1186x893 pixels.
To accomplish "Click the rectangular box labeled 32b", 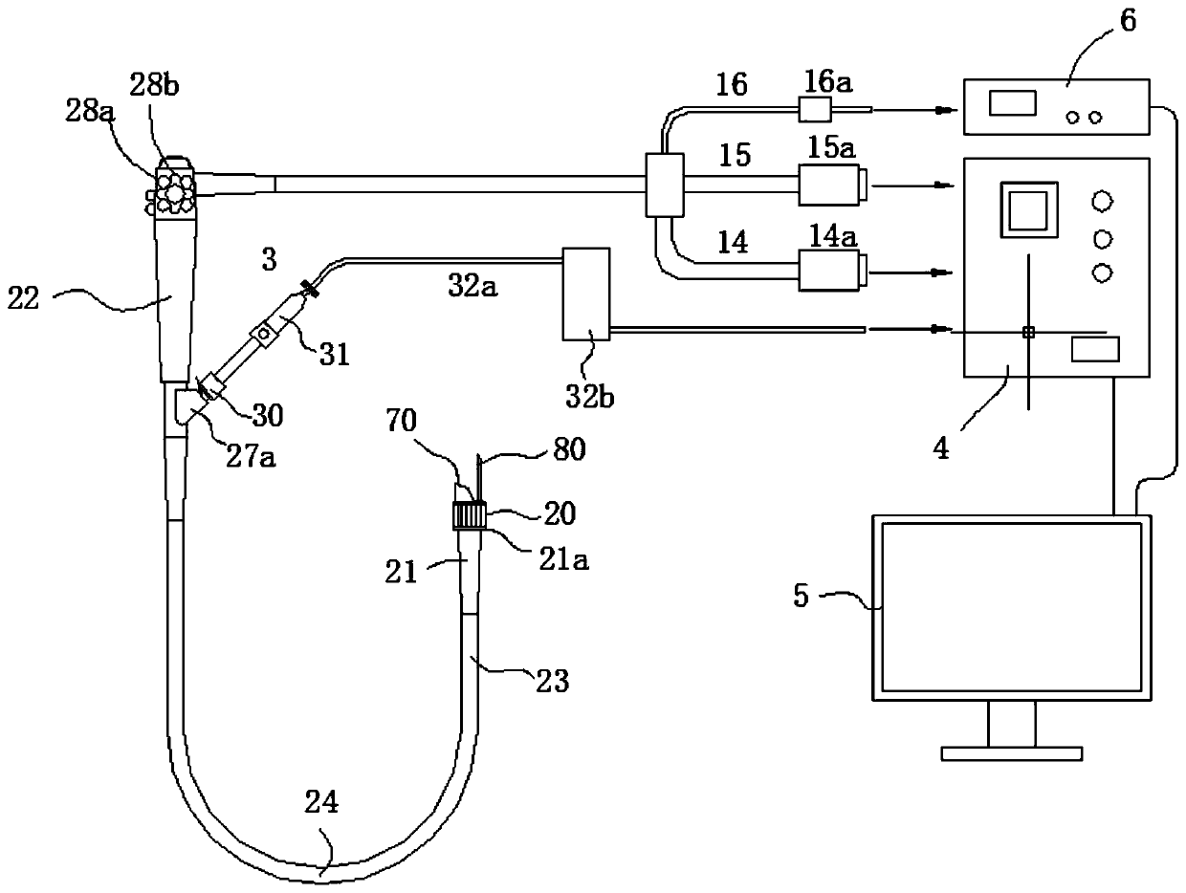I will coord(586,294).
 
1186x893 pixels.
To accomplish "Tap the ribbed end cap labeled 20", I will coord(470,516).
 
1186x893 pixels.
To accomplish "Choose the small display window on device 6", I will coord(1007,103).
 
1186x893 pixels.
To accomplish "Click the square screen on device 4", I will coord(1029,208).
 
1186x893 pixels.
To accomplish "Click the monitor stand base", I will coord(1011,753).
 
